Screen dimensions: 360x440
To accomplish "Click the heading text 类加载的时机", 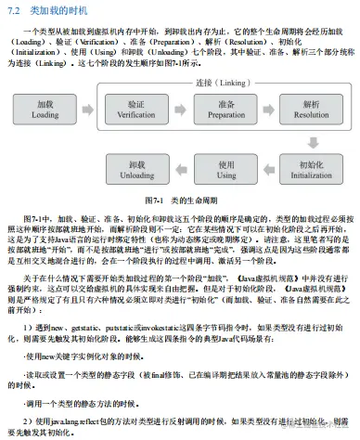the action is click(x=49, y=10).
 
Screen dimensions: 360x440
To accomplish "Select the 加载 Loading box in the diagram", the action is click(x=45, y=110).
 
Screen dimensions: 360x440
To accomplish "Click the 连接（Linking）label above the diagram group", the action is click(x=221, y=83).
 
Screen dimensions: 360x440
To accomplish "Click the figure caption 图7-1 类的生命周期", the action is click(x=179, y=200).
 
